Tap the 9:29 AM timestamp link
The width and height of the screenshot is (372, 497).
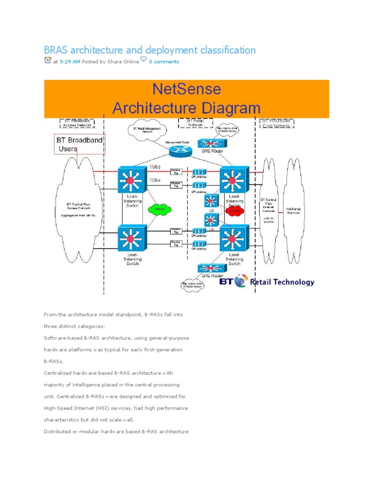click(x=70, y=62)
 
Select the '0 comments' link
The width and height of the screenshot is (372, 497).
click(x=164, y=62)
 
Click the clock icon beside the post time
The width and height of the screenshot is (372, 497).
click(x=47, y=60)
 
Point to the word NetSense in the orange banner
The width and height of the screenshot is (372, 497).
click(x=186, y=89)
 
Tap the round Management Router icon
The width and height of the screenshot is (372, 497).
click(x=180, y=151)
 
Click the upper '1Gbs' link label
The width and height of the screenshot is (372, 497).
click(x=155, y=166)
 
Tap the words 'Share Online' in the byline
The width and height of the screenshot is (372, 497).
click(x=123, y=62)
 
